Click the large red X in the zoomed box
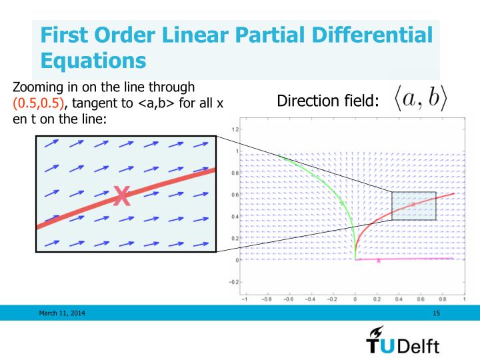(x=121, y=196)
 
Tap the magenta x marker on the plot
(x=378, y=261)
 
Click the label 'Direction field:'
(x=328, y=102)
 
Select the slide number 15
(x=437, y=312)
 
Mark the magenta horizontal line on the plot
(x=413, y=258)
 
